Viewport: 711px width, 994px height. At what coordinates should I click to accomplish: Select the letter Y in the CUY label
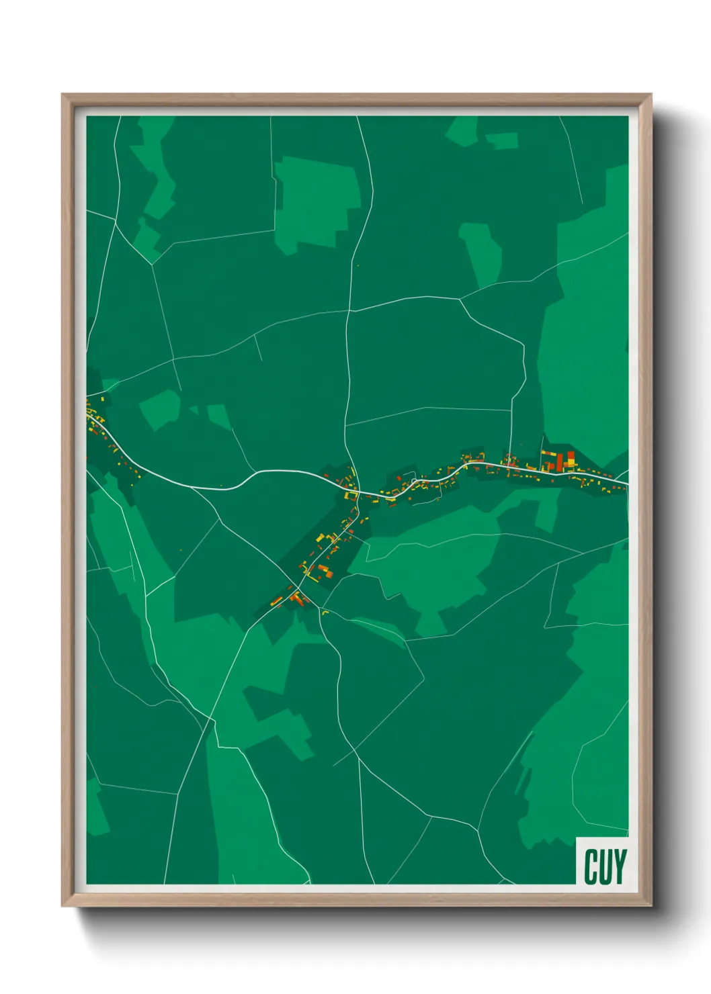[x=619, y=866]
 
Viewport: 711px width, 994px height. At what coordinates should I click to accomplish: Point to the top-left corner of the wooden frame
[x=63, y=95]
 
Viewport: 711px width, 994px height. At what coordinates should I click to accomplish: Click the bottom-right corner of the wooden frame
[x=650, y=905]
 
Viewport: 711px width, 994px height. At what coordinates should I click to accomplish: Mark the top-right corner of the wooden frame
[x=650, y=95]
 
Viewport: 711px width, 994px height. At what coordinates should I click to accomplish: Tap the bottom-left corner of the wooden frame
[x=63, y=905]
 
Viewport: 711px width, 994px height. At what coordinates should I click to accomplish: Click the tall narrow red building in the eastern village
[x=559, y=461]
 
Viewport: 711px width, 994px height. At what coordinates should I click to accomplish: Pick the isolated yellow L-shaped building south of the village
[x=325, y=612]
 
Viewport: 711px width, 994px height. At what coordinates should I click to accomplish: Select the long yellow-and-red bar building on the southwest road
[x=276, y=600]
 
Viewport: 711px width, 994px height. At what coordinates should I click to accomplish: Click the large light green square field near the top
[x=316, y=201]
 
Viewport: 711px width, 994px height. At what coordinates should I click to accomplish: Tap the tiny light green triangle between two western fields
[x=194, y=410]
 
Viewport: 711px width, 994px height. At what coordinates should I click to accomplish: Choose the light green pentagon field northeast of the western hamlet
[x=159, y=409]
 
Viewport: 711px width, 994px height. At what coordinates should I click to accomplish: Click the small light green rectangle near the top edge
[x=502, y=141]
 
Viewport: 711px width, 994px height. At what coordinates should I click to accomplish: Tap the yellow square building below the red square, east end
[x=571, y=464]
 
